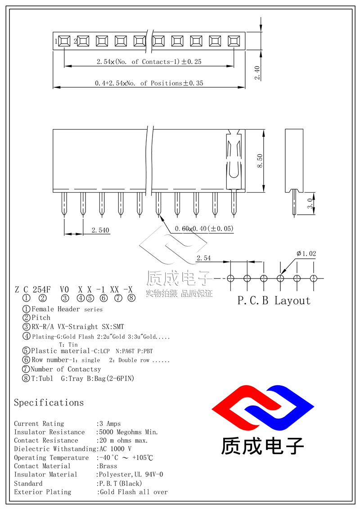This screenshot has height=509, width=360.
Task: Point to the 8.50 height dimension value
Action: (260, 161)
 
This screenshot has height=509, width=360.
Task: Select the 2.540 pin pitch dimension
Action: (100, 230)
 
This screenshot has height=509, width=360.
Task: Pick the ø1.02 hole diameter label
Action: (306, 254)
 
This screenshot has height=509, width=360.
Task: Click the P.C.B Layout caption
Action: (274, 301)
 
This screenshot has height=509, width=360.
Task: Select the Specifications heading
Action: (49, 402)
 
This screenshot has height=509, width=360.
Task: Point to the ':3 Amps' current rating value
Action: (108, 423)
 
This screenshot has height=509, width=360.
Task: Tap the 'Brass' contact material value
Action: (108, 466)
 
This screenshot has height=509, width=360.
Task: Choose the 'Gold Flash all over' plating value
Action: (133, 492)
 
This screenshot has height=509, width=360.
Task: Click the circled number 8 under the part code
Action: (131, 297)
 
